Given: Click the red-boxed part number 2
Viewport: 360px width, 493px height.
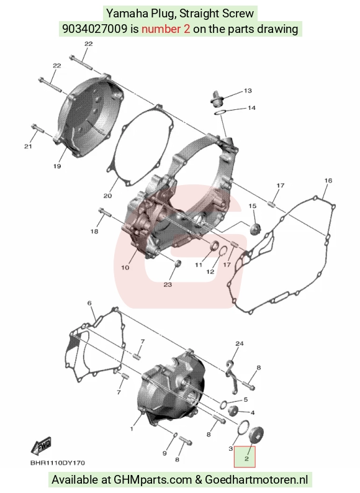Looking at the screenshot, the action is [246, 459].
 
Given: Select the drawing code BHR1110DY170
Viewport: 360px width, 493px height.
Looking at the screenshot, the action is [58, 463].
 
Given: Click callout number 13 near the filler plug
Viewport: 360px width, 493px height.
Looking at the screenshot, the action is [248, 91].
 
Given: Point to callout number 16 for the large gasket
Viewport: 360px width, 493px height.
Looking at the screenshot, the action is [328, 181].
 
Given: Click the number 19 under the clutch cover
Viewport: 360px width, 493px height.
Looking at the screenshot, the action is [57, 166].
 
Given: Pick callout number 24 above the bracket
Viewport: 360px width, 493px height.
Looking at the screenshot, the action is [239, 343].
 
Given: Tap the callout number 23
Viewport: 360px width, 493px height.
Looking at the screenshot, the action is [168, 284].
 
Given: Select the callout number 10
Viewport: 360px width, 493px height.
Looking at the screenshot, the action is [125, 268].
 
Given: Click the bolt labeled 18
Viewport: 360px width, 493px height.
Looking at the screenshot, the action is [105, 212].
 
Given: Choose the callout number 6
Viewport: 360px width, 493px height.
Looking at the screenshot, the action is [89, 303].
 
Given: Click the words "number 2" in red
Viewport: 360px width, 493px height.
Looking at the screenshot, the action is [166, 29].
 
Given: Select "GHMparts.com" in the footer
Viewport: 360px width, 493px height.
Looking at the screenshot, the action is [153, 480].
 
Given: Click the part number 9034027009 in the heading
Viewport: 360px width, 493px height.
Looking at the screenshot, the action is [94, 29].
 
